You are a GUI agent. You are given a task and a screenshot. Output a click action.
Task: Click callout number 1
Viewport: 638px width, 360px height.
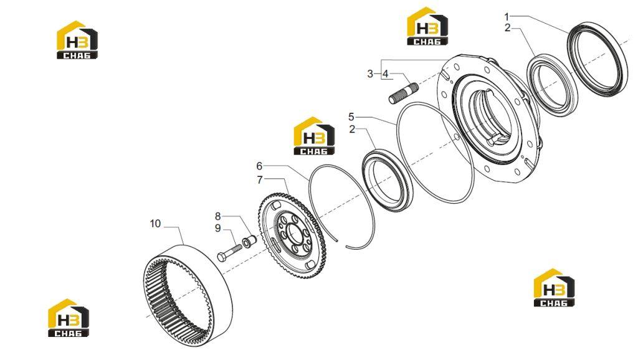tap(507, 17)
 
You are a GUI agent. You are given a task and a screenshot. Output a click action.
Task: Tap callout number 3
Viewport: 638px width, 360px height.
tap(370, 73)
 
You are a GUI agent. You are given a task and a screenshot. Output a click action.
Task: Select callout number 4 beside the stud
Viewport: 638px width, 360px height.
tap(385, 73)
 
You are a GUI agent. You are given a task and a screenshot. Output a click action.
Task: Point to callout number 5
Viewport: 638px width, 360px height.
tap(351, 117)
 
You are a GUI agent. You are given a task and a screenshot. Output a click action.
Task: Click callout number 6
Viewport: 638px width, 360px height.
tap(259, 166)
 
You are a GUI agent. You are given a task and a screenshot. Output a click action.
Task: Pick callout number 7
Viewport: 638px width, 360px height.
tap(260, 180)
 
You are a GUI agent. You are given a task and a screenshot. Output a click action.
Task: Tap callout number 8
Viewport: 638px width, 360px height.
tap(218, 216)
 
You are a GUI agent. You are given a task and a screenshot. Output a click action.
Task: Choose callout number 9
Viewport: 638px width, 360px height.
tap(218, 228)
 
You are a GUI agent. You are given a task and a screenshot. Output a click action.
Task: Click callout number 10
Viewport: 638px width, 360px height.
tap(155, 224)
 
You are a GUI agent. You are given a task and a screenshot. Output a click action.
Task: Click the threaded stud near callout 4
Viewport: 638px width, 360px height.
tap(404, 93)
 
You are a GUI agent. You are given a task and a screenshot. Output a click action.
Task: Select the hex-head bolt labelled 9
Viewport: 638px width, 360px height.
tap(230, 252)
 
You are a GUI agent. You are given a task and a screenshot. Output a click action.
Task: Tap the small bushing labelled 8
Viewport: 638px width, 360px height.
tap(248, 242)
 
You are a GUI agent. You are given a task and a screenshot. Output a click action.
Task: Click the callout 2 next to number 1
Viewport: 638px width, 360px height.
tap(507, 28)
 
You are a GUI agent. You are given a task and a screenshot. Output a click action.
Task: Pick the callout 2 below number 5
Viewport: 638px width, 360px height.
tap(352, 130)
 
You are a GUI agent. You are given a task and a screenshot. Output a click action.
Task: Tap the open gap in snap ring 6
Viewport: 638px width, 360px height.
tap(341, 243)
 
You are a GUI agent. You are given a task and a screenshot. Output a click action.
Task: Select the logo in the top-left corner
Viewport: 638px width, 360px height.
tap(77, 40)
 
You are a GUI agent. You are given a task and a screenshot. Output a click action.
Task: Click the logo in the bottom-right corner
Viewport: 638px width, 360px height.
tap(554, 287)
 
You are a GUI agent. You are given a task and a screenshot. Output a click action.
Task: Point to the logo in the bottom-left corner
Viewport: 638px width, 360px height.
tap(69, 318)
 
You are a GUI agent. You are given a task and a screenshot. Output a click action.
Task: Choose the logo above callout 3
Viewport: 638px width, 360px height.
tap(427, 26)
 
